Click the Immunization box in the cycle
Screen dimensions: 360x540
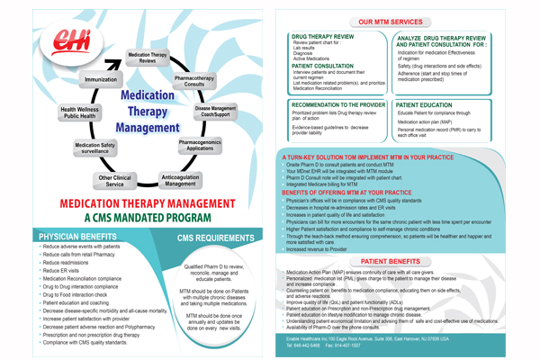[x=100, y=79]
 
